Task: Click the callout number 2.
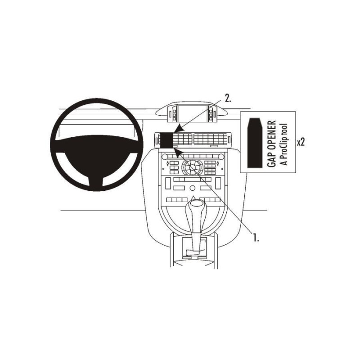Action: click(x=228, y=98)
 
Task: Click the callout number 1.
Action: click(x=256, y=237)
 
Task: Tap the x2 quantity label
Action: click(x=301, y=142)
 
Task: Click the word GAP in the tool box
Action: click(x=272, y=159)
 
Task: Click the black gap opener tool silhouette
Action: click(x=255, y=143)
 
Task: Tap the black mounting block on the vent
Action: click(x=167, y=140)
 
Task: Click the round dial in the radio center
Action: click(x=193, y=168)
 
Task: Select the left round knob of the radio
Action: click(x=165, y=157)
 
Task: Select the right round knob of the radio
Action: click(x=221, y=157)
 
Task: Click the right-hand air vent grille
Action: click(x=210, y=139)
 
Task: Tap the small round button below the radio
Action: click(x=193, y=188)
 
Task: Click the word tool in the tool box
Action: click(x=284, y=130)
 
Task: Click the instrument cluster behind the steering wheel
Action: click(x=96, y=131)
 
